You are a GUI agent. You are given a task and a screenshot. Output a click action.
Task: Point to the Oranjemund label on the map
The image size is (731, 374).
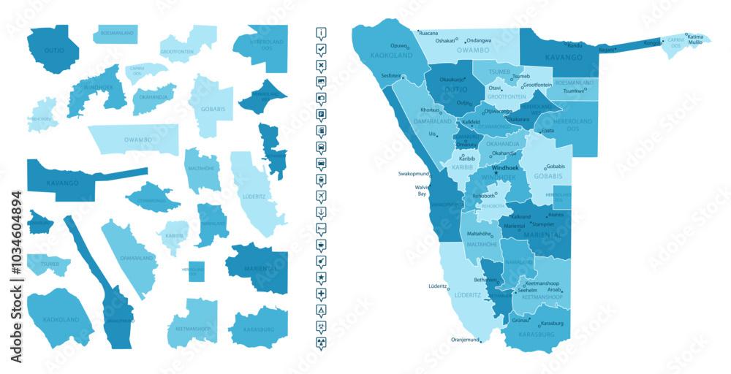tap(465, 340)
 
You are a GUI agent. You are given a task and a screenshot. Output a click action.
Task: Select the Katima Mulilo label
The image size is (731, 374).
tap(696, 39)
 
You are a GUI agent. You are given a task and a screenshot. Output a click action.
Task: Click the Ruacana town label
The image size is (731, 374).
tap(428, 33)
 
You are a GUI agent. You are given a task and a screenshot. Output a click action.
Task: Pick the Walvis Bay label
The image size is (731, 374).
tap(421, 191)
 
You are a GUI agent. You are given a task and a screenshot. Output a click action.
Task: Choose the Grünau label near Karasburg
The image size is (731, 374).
tap(520, 320)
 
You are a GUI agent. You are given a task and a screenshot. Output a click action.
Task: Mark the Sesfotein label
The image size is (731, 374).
tap(391, 76)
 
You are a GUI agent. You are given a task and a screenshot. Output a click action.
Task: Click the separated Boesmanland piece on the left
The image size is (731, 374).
tap(115, 34)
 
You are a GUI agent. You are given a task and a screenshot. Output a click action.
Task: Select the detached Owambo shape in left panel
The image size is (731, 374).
tap(133, 139)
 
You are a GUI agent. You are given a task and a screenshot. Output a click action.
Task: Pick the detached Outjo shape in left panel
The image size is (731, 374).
tap(53, 50)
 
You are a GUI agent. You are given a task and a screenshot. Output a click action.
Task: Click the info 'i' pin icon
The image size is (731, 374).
tap(321, 33)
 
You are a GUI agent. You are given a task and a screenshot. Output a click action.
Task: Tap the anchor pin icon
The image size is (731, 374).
tap(321, 212)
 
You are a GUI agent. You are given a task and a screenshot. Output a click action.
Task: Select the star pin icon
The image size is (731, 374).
tap(321, 278)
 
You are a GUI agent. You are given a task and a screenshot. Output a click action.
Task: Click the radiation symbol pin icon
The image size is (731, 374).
tap(321, 342)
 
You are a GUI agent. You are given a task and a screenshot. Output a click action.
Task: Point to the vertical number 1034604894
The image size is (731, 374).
tap(17, 278)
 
